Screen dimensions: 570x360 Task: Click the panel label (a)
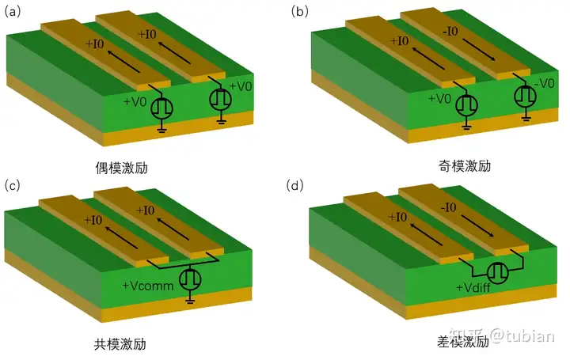point(13,12)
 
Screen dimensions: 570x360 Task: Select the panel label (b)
point(299,12)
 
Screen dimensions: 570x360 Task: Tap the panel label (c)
point(12,186)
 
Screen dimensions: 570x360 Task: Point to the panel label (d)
point(294,186)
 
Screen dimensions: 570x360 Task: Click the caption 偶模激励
point(121,168)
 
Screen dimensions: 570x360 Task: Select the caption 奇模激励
point(465,166)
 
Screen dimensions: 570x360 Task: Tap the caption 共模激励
point(120,343)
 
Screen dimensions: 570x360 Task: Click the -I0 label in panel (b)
point(450,31)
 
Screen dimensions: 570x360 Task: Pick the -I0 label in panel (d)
point(448,207)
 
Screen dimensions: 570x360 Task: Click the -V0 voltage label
point(544,84)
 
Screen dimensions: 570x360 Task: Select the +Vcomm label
point(148,286)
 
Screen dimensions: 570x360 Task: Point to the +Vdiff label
point(473,288)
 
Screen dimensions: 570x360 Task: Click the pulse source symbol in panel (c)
point(190,279)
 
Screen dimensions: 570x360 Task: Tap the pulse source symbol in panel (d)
point(498,272)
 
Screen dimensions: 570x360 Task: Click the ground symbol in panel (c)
point(189,299)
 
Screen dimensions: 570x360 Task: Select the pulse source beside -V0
point(526,96)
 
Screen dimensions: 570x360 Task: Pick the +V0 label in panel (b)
point(439,98)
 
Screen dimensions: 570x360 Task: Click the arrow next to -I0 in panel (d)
point(477,225)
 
